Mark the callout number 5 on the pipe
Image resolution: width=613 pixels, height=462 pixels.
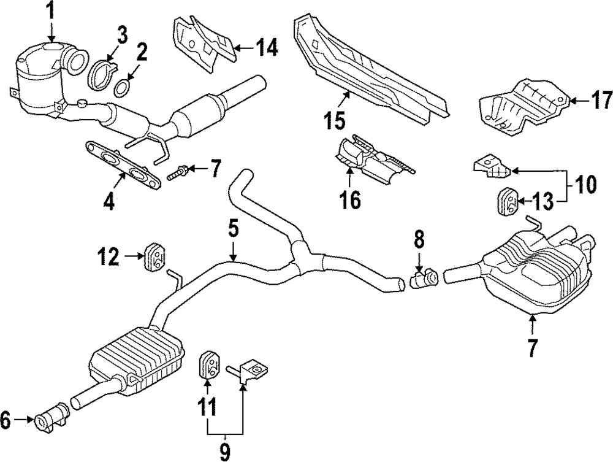233,229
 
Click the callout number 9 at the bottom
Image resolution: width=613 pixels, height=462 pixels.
225,452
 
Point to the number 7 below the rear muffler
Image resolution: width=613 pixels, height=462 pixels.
532,347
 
